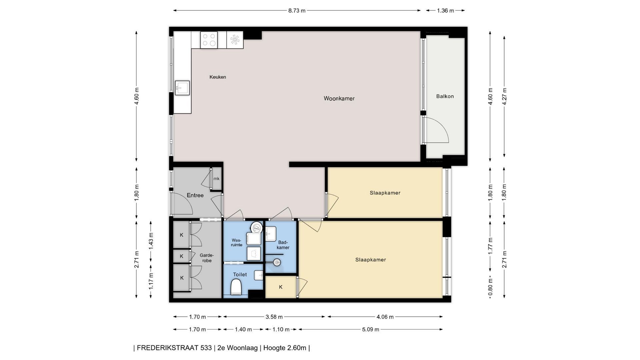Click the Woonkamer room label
click(339, 98)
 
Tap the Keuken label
click(218, 77)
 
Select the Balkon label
click(445, 96)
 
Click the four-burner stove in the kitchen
click(209, 40)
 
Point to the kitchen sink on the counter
click(182, 88)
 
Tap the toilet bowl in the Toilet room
click(236, 287)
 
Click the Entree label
click(195, 195)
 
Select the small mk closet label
click(217, 179)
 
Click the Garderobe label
click(207, 258)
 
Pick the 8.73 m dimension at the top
click(297, 11)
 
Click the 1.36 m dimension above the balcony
click(445, 11)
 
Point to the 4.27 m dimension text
click(504, 97)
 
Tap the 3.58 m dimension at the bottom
click(274, 317)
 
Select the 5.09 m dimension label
click(371, 330)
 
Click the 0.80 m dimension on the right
click(490, 287)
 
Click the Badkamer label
click(283, 245)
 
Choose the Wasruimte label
click(237, 242)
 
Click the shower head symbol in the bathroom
click(277, 263)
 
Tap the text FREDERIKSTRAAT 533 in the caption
click(174, 348)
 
